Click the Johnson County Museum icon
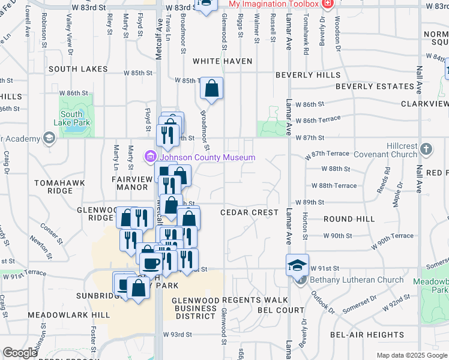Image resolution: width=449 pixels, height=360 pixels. point(149,157)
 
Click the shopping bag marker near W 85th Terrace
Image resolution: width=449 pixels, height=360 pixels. point(211,89)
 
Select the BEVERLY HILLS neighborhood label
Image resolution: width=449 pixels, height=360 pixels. point(308,75)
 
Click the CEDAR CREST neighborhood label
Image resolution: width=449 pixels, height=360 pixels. point(249,212)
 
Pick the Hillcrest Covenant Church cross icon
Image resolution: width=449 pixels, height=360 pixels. point(426,148)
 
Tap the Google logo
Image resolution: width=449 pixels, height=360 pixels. point(20,353)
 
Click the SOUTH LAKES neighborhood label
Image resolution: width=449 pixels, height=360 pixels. point(78,69)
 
